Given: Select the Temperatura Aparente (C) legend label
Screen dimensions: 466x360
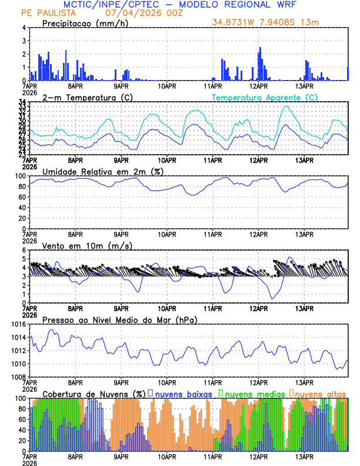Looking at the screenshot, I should click(x=264, y=97).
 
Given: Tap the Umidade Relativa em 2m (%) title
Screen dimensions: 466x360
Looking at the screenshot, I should click(x=102, y=171).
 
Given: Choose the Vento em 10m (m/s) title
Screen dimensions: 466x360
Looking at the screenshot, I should click(x=87, y=245).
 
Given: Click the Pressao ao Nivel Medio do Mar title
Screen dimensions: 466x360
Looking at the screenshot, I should click(x=119, y=319).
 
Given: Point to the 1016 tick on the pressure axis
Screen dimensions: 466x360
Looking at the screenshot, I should click(x=17, y=324).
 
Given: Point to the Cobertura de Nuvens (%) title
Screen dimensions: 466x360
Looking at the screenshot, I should click(x=94, y=394).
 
